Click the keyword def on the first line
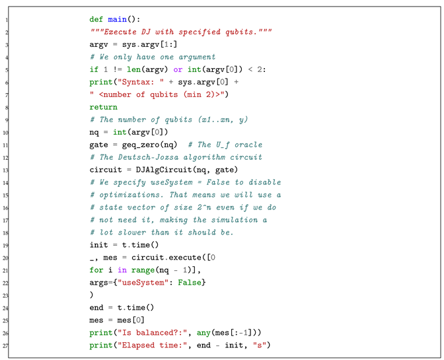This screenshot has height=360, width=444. coord(96,20)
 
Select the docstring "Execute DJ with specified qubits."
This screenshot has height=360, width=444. coord(182,32)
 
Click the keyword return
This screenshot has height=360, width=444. coord(104,107)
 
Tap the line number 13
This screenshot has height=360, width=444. coord(6,170)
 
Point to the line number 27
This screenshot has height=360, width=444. coord(6,345)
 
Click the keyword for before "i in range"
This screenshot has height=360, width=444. coord(96,270)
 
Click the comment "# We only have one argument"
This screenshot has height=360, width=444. coord(153,57)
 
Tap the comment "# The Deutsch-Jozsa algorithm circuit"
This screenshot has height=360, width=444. coord(176,157)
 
